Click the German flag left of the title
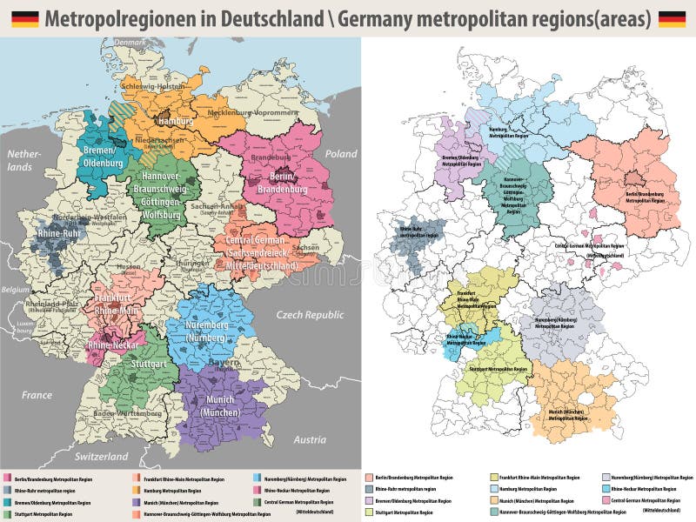[24, 18]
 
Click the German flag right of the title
[672, 18]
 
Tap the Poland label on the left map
[341, 154]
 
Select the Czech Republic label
[311, 314]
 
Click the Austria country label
[309, 440]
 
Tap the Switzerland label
[101, 456]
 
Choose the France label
[37, 395]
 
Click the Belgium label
[15, 290]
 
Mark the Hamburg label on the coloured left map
[176, 121]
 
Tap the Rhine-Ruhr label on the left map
[60, 232]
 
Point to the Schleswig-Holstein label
[152, 87]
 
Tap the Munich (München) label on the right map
[566, 414]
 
